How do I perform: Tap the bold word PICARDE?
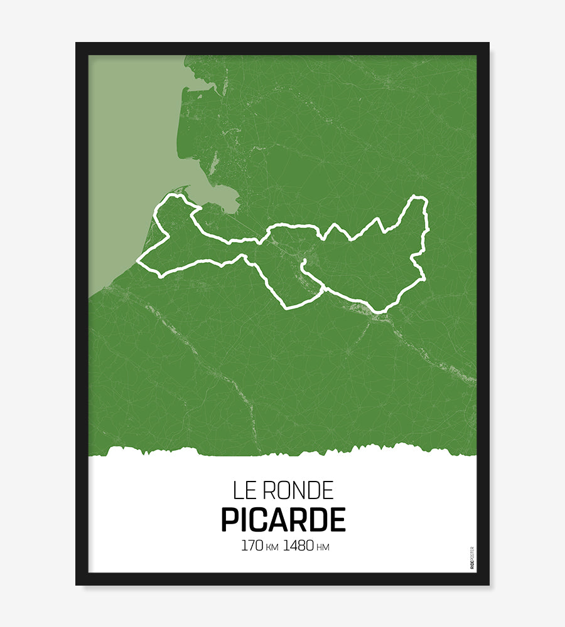283,520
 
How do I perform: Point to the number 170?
252,545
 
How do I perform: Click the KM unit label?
272,547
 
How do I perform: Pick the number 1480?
298,545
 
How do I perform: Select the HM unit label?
323,547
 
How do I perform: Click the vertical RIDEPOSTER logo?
471,558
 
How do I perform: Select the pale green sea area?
126,157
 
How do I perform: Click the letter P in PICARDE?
230,520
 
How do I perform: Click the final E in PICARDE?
337,520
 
